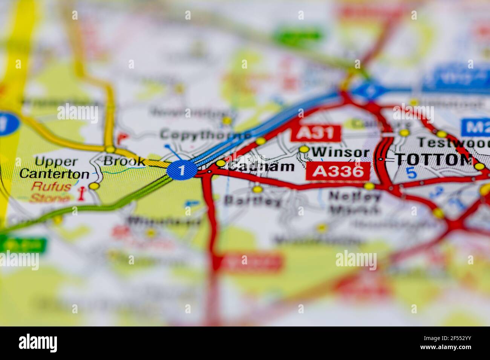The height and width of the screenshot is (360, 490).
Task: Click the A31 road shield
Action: [315, 133]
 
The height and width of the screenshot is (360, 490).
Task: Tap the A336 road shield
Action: [337, 171]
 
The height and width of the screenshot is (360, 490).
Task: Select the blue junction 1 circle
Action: [182, 171]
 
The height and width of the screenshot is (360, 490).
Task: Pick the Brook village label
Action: [124, 161]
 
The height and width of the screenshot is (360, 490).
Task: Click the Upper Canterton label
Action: [54, 168]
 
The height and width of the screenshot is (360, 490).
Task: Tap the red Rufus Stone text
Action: [51, 192]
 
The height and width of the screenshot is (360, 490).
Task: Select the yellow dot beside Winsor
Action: [304, 149]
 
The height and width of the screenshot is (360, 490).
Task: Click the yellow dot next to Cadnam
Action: [220, 163]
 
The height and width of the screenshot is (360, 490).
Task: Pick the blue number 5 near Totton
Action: [412, 173]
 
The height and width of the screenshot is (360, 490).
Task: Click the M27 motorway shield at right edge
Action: [476, 127]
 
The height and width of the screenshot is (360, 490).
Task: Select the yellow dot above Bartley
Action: [257, 188]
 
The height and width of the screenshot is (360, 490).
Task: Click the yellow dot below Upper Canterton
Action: [94, 186]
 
